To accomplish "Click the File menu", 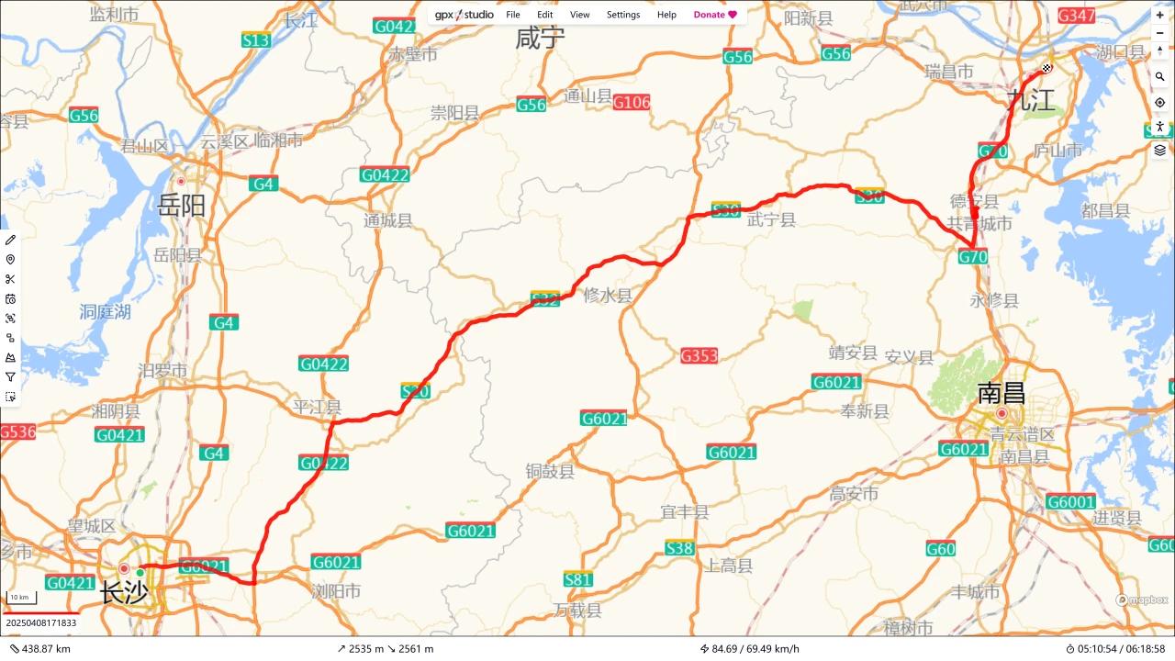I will [513, 15].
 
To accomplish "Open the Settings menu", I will [623, 15].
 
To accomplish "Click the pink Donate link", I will [715, 15].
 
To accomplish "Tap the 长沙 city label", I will [123, 592].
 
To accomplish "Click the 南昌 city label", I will [1001, 393].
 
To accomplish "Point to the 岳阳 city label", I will [181, 205].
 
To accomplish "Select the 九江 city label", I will [1031, 100].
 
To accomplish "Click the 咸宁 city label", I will [540, 38].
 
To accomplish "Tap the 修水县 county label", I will [608, 296].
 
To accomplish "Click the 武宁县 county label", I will [771, 219].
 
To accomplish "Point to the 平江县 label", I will [317, 407].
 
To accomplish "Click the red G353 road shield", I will [699, 355].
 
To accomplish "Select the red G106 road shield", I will [632, 102].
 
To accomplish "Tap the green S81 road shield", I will [578, 579].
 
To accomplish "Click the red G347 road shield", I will [1076, 16].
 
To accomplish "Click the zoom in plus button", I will [1160, 16].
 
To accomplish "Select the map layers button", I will [1160, 150].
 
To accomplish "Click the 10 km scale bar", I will [20, 598].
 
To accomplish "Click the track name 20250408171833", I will [41, 622].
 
